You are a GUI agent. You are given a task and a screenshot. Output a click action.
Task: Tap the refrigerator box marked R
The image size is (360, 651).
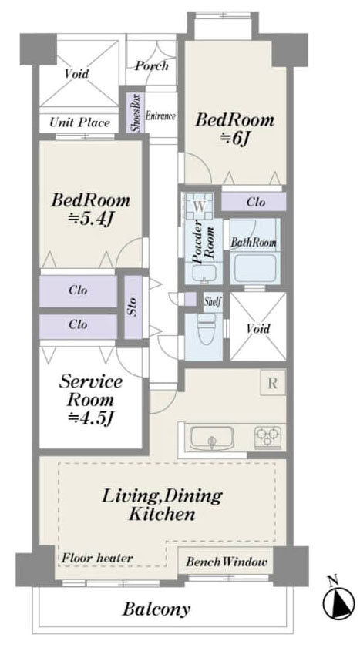[x=273, y=383]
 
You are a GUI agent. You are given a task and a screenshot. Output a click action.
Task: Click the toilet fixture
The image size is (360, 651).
[x=207, y=329]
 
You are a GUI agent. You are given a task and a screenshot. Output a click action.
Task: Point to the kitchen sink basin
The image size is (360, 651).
[x=211, y=438]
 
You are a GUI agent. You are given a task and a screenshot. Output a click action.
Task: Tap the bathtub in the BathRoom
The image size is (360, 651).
[x=254, y=268]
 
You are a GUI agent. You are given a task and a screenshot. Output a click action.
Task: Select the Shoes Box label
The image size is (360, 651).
[x=136, y=113]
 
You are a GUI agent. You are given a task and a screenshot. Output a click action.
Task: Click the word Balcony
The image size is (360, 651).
[x=156, y=609]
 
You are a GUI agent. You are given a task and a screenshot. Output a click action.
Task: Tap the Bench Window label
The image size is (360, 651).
[x=226, y=562]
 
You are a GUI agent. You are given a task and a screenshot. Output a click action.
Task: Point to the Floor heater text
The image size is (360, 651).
[x=98, y=559]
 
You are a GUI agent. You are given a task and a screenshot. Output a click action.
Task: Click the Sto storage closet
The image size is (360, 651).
[x=133, y=308]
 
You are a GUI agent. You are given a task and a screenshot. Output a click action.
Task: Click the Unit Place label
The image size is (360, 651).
[x=79, y=122]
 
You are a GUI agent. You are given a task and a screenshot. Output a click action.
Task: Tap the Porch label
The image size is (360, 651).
[x=152, y=65]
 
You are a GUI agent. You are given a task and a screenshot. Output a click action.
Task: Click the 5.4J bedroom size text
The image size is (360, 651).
[x=90, y=219]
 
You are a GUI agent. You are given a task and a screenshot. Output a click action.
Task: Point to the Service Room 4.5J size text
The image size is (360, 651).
[x=91, y=418]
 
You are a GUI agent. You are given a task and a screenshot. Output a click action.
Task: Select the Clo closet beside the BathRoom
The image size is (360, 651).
[x=254, y=201]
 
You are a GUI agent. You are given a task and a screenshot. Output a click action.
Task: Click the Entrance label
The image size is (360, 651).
[x=160, y=116]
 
